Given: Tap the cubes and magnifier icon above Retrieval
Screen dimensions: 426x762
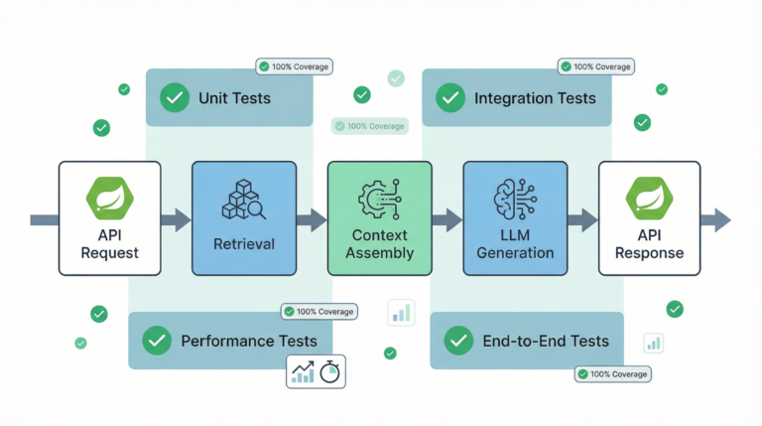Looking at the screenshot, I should click(x=243, y=200).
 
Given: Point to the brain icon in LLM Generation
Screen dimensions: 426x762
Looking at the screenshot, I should click(x=515, y=199).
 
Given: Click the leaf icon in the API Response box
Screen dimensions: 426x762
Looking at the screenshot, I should click(x=649, y=199).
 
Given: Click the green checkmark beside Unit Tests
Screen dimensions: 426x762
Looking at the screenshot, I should click(x=176, y=98).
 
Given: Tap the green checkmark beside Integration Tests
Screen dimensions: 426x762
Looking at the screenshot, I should click(x=451, y=98).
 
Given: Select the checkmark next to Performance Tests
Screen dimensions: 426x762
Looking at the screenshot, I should click(x=157, y=341).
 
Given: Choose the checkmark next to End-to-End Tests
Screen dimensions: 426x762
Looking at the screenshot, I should click(x=457, y=341).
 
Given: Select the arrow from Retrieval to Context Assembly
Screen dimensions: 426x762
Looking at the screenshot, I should click(x=312, y=220).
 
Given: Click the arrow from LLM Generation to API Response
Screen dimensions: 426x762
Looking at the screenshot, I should click(x=582, y=220).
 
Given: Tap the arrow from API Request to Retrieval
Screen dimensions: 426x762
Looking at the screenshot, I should click(x=176, y=220).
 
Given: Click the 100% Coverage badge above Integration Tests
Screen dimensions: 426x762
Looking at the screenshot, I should click(x=595, y=67).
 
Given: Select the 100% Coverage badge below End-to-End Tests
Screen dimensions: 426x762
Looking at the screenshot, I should click(x=612, y=373).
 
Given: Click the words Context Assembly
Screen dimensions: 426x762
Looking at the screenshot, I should click(x=380, y=244).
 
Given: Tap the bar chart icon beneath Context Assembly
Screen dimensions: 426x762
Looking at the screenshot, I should click(x=402, y=313).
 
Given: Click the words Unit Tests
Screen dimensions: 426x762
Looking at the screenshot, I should click(x=234, y=98).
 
